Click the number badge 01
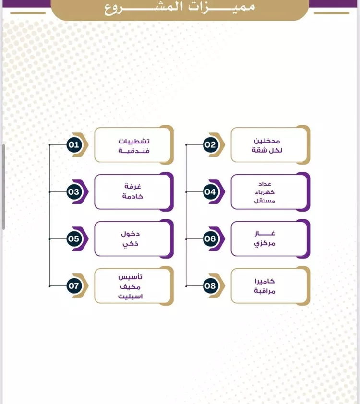[74, 144]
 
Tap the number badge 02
[210, 144]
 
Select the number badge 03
[74, 192]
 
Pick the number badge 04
[210, 192]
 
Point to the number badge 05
[74, 238]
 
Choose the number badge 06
[210, 238]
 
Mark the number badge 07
[74, 286]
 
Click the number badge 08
[210, 286]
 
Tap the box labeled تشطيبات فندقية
[133, 144]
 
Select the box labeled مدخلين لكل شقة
[270, 144]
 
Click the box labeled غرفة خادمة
[133, 192]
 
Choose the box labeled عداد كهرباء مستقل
[270, 192]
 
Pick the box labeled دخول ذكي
[133, 238]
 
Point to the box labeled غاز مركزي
[270, 238]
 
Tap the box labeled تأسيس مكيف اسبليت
[133, 286]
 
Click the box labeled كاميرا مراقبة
[270, 286]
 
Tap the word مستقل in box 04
[266, 201]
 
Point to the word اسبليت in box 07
[131, 296]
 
